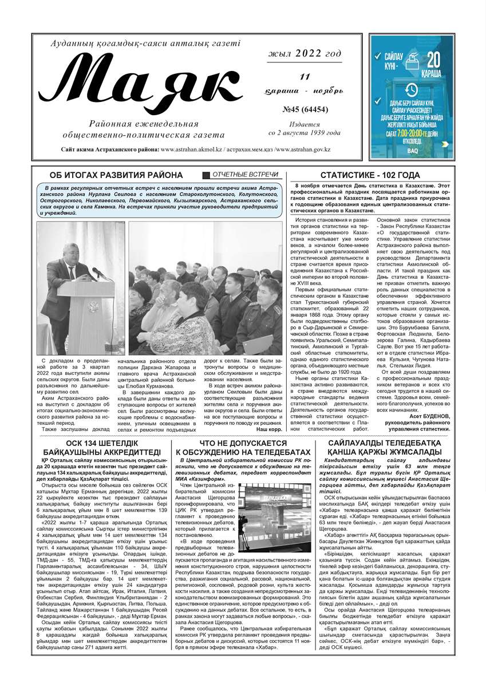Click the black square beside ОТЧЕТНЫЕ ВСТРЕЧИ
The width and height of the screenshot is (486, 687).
(x=207, y=175)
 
